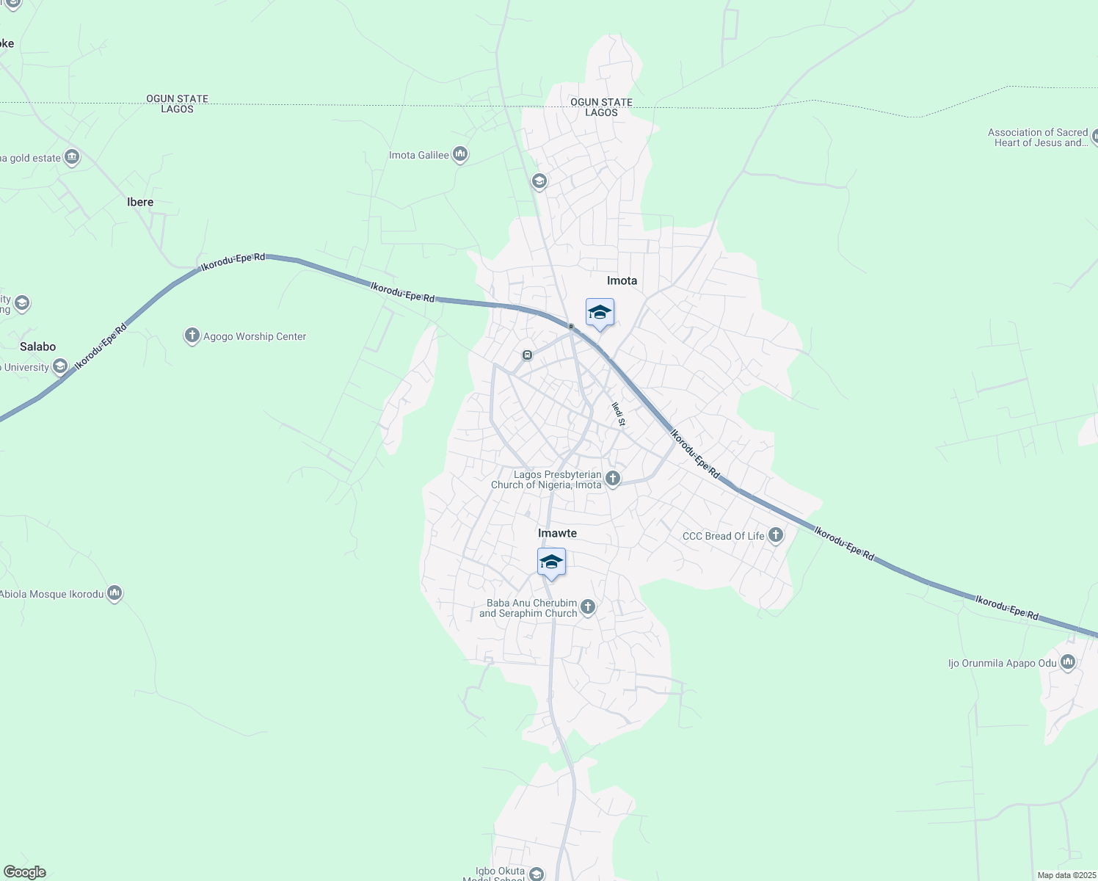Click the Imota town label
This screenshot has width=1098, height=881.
coord(622,280)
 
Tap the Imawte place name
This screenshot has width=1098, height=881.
coord(557,533)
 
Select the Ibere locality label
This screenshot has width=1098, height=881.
coord(140,202)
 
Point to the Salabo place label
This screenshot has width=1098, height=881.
coord(37,347)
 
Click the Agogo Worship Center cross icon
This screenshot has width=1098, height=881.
coord(192,336)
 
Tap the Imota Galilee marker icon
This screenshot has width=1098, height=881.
coord(460,154)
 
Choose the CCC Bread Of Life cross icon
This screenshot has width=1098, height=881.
coord(776,535)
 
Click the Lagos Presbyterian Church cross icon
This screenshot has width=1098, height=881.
coord(613,479)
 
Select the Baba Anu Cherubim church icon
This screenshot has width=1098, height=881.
coord(588,607)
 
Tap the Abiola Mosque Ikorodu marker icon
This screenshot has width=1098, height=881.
coord(114,593)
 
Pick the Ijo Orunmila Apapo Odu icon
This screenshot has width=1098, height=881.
coord(1068,663)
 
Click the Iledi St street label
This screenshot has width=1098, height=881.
coord(619,414)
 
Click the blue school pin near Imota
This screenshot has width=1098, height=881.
coord(600,313)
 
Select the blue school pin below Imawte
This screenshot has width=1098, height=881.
coord(551,563)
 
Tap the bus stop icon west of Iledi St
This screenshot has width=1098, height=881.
coord(527,355)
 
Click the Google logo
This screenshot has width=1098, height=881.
coord(25,872)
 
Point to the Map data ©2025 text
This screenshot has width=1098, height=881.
coord(1066,875)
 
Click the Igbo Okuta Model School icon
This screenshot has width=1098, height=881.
coord(537,874)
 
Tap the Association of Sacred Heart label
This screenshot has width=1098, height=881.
coord(1039,137)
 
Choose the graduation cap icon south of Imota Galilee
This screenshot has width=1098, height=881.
coord(539,181)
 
